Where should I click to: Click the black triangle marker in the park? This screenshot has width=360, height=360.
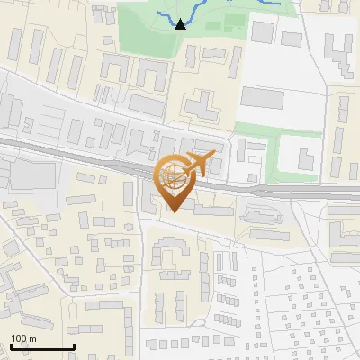click(180, 24)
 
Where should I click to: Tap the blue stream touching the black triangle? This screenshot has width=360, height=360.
click(166, 17)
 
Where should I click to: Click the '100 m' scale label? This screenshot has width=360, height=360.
click(23, 338)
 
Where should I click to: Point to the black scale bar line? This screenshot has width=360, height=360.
click(41, 346)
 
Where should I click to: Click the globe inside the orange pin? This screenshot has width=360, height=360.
click(174, 177)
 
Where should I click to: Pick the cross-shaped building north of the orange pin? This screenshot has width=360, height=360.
click(200, 106)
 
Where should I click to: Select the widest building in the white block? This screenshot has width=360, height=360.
click(262, 96)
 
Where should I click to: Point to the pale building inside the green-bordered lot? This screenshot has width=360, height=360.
click(298, 154)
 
